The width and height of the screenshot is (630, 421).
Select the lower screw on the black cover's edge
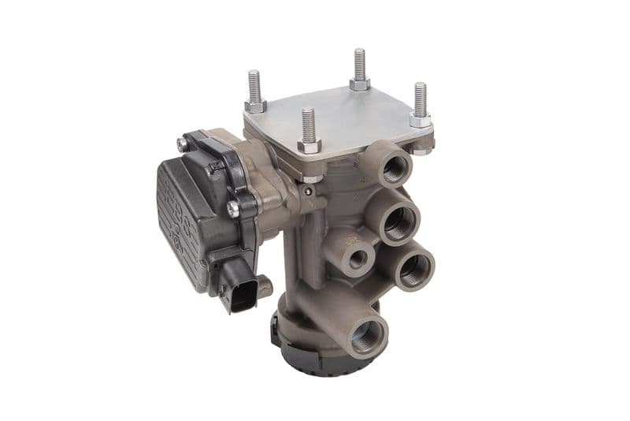[x=234, y=208]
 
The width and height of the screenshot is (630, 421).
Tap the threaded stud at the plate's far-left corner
[x=254, y=85]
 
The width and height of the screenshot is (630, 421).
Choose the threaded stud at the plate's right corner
[x=421, y=99]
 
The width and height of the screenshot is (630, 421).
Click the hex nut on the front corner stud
[x=309, y=147]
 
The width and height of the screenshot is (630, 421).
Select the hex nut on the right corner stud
[x=421, y=121]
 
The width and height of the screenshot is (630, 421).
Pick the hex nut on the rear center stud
[x=360, y=83]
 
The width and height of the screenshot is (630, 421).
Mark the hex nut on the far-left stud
[x=255, y=104]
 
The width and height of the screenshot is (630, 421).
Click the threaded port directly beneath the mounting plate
[x=394, y=167]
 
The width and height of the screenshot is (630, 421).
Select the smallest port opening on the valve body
[x=359, y=258]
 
